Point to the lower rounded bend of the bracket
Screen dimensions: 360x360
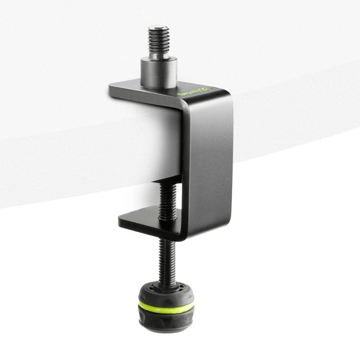tap(187, 236)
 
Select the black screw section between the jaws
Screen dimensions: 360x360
tap(168, 200)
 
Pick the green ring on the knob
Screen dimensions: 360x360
tap(166, 307)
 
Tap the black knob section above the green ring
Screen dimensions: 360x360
tap(166, 293)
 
